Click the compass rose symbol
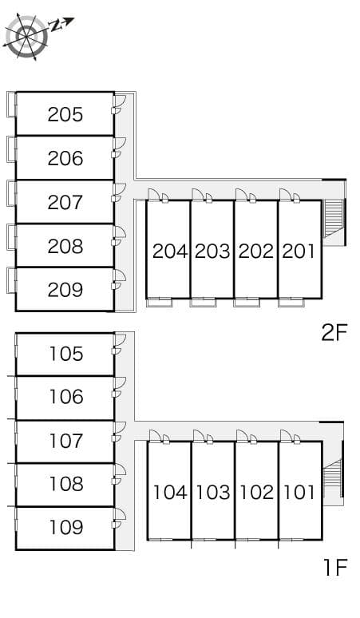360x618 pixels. point(26,36)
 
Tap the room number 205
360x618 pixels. point(65,114)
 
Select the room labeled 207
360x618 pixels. point(65,202)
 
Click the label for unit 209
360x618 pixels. point(65,289)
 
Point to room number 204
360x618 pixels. point(169,251)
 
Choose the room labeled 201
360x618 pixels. point(299,251)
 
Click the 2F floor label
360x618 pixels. point(334,332)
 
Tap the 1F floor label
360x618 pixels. point(335,568)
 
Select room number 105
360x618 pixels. point(65,354)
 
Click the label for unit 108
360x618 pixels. point(65,483)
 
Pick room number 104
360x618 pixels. point(169,492)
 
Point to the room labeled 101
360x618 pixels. point(299,492)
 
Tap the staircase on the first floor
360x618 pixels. point(332,478)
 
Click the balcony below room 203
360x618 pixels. point(202,302)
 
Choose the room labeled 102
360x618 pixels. point(256,492)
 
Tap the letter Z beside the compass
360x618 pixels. point(57,26)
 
